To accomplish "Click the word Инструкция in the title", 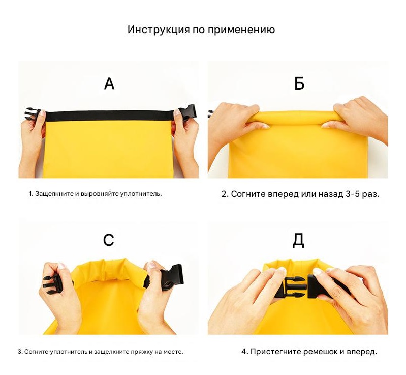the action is (159, 30).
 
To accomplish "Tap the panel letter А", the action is (109, 84).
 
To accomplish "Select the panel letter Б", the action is (299, 84).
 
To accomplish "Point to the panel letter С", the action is (109, 240).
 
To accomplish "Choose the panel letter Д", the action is (298, 241).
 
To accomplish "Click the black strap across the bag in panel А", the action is (110, 116).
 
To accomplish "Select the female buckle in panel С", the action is (170, 277).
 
